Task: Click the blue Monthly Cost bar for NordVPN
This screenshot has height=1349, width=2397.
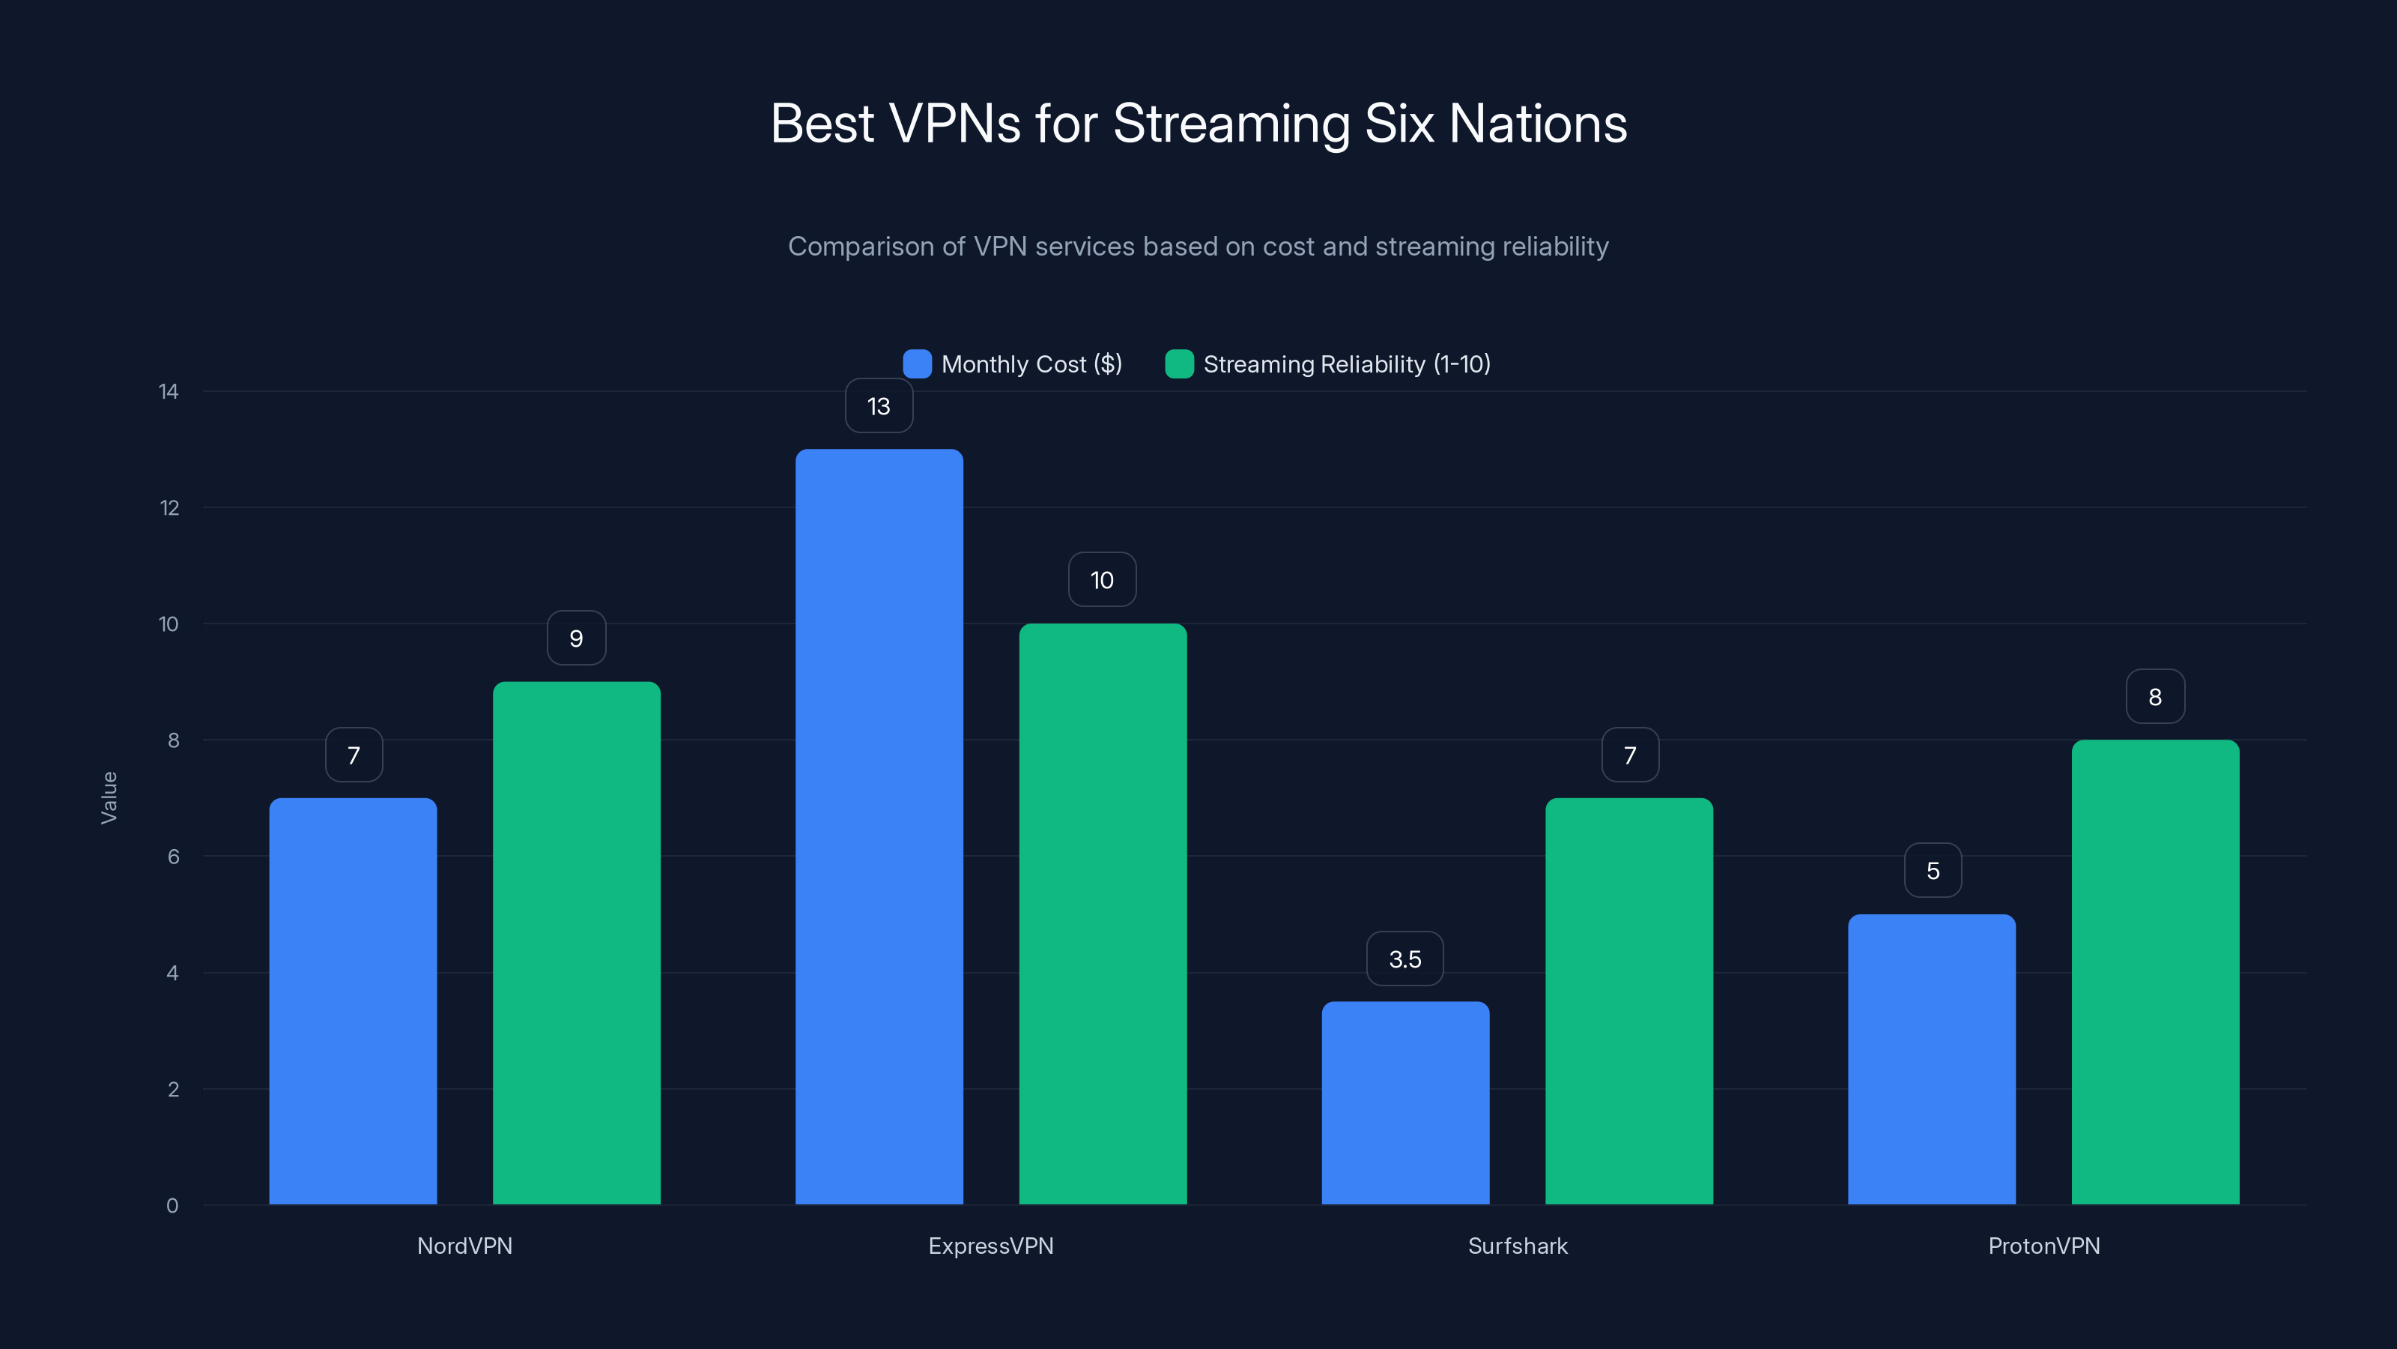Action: pos(353,1001)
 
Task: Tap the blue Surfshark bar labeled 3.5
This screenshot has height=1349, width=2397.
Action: pos(1405,1103)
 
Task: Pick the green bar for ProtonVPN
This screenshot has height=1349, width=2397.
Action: pos(2155,972)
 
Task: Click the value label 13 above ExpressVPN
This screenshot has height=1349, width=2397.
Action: pos(879,406)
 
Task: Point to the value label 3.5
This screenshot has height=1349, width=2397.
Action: pos(1405,959)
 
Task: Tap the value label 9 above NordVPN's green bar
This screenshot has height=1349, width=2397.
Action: pos(576,639)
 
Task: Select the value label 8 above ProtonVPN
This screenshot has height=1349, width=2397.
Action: pos(2155,696)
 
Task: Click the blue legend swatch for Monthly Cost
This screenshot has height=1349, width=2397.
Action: pos(917,364)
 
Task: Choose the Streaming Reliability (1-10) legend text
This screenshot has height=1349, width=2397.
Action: pos(1347,364)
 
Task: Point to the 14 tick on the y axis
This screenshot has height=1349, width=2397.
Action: pos(169,391)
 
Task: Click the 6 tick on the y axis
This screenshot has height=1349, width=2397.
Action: pos(173,857)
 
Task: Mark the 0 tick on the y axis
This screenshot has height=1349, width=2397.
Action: pos(172,1206)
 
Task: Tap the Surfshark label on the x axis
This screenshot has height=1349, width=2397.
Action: pos(1518,1246)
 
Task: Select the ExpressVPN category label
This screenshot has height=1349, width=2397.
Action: pos(991,1246)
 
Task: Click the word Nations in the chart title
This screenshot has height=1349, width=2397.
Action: pos(1537,124)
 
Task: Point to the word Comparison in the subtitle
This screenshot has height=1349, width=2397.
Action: pos(861,247)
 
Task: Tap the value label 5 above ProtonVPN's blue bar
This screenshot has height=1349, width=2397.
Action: pos(1933,870)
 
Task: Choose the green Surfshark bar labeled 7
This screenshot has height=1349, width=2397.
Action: pos(1628,1001)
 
